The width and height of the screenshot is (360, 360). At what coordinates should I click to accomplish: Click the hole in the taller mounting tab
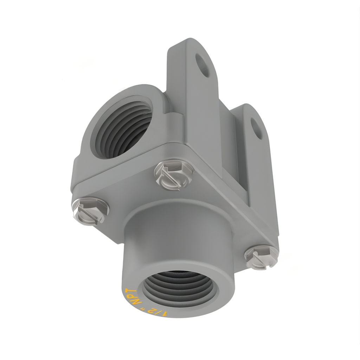tap(202, 65)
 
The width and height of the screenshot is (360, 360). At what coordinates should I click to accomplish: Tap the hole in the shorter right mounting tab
tap(256, 128)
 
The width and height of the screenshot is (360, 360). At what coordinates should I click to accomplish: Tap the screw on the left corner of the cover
tap(91, 210)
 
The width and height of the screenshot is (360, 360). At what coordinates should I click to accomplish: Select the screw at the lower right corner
tap(261, 256)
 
